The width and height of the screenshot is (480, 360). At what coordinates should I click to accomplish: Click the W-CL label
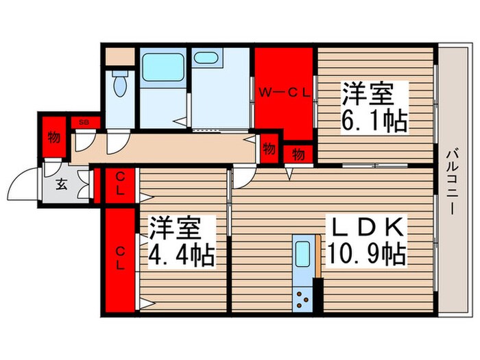pyautogui.click(x=285, y=90)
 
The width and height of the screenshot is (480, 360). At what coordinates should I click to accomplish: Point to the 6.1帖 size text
pyautogui.click(x=374, y=121)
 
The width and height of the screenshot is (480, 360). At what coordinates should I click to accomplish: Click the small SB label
pyautogui.click(x=84, y=122)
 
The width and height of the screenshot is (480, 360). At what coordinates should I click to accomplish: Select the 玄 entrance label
pyautogui.click(x=61, y=184)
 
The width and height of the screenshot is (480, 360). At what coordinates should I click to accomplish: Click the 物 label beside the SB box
pyautogui.click(x=53, y=137)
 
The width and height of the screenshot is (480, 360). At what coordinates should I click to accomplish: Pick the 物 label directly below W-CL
pyautogui.click(x=299, y=154)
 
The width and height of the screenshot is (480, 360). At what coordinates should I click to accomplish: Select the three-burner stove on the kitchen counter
pyautogui.click(x=302, y=298)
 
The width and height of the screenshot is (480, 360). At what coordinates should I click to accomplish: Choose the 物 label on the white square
pyautogui.click(x=269, y=147)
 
